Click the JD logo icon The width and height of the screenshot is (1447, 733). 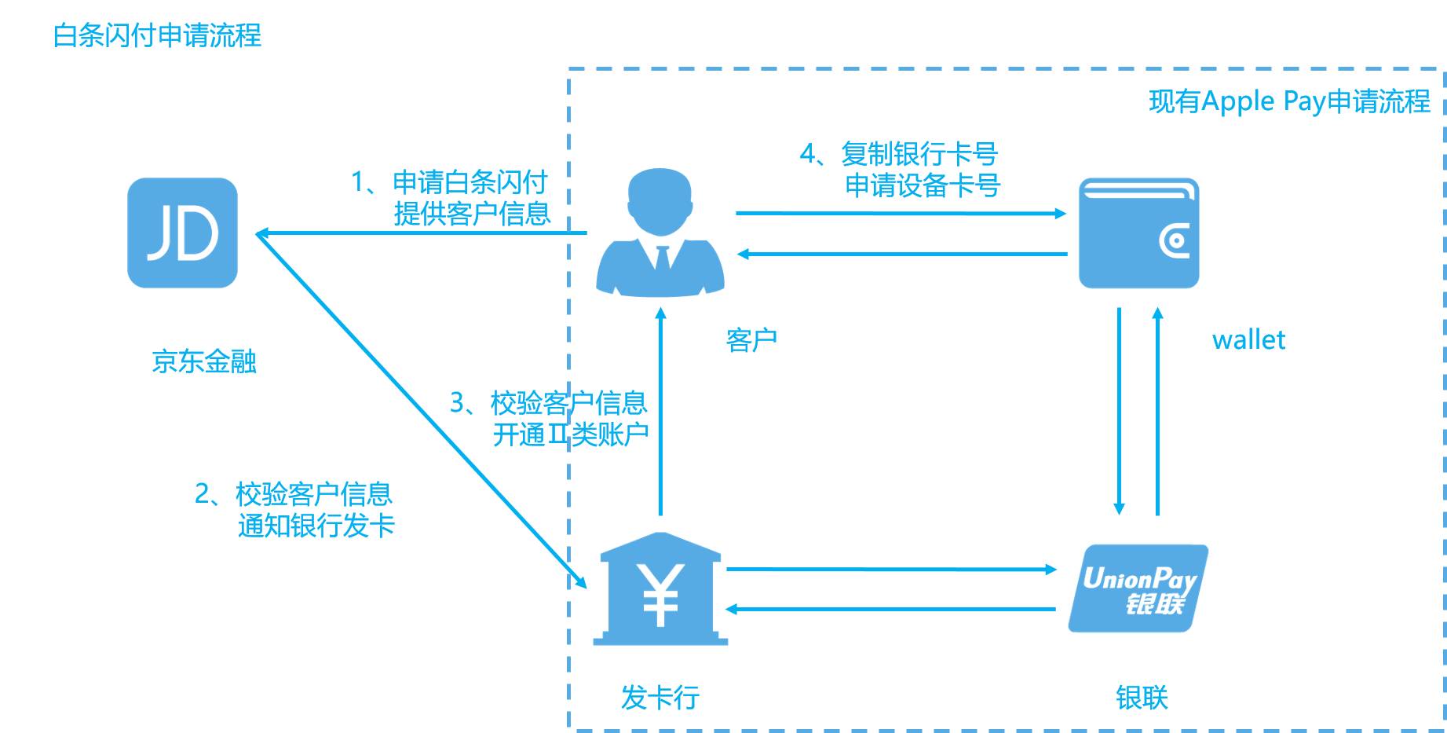pyautogui.click(x=182, y=233)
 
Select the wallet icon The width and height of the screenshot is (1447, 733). pyautogui.click(x=1138, y=233)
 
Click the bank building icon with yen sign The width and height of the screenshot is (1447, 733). pyautogui.click(x=660, y=589)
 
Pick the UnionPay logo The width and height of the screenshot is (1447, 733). pyautogui.click(x=1138, y=588)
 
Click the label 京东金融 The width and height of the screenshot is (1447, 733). pyautogui.click(x=204, y=361)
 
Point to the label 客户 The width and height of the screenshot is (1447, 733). pyautogui.click(x=751, y=340)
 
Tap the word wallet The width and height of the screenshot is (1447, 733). pyautogui.click(x=1248, y=340)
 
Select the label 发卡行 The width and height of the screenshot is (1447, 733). pyautogui.click(x=660, y=697)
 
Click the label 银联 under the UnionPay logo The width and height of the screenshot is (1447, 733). pyautogui.click(x=1142, y=697)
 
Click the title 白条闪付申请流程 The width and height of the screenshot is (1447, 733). pyautogui.click(x=157, y=35)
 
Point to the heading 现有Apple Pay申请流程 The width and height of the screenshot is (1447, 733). pyautogui.click(x=1289, y=101)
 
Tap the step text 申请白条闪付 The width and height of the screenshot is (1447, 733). pyautogui.click(x=470, y=182)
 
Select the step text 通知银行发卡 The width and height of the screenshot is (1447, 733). pyautogui.click(x=316, y=526)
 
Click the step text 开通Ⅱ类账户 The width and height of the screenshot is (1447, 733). pyautogui.click(x=570, y=434)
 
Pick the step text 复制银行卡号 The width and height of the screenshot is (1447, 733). pyautogui.click(x=919, y=154)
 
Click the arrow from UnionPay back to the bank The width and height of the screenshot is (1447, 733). pyautogui.click(x=891, y=609)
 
